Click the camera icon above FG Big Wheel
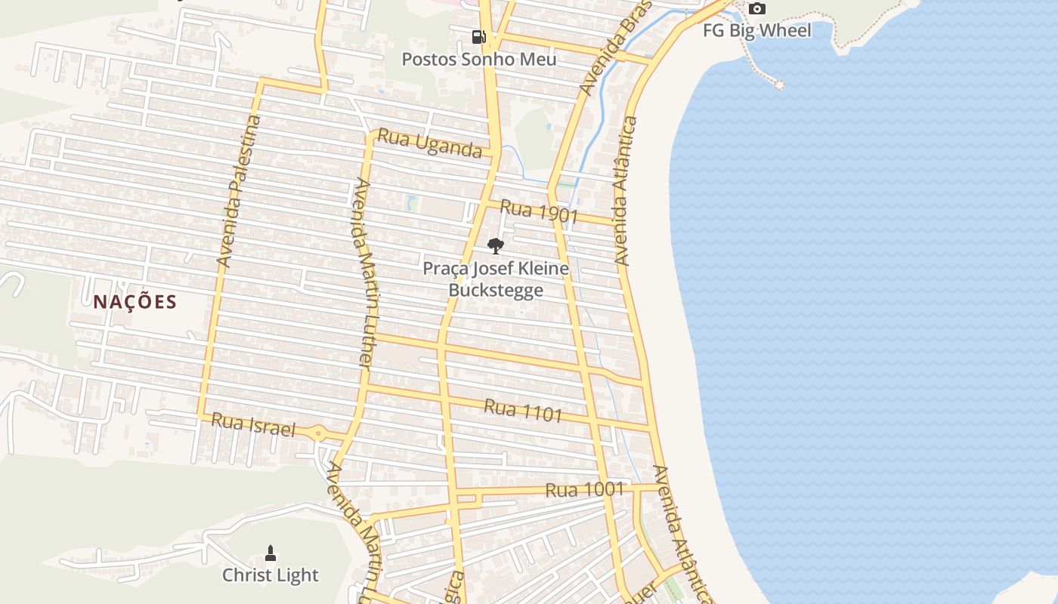(x=756, y=9)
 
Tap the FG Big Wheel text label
(x=756, y=31)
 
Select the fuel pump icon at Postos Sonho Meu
(x=478, y=36)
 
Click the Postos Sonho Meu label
(x=478, y=59)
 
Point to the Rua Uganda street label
(x=429, y=143)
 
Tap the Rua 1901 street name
(x=538, y=212)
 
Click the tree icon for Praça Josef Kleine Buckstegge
(x=496, y=245)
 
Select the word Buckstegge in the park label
(x=496, y=290)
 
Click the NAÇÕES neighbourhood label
(x=135, y=302)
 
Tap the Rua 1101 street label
(x=523, y=410)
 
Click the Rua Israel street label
(x=252, y=424)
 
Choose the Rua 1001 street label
(x=584, y=489)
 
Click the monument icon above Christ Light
(x=271, y=553)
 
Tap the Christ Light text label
(x=271, y=575)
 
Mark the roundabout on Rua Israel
(x=318, y=433)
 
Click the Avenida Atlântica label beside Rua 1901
(x=624, y=190)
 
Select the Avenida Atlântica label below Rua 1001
(x=680, y=532)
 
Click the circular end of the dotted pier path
(x=779, y=85)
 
